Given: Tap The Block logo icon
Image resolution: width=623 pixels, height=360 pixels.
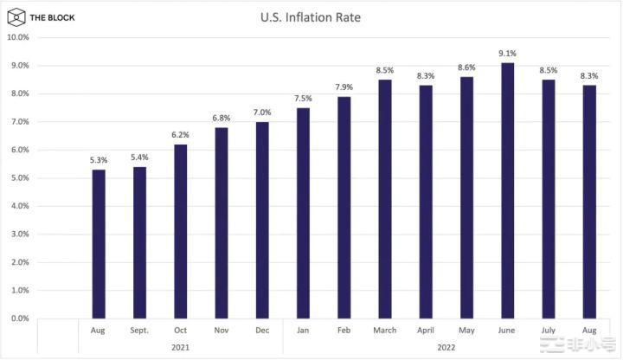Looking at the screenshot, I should tap(16, 16).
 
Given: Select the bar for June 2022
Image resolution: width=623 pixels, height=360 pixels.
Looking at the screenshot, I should tap(507, 190).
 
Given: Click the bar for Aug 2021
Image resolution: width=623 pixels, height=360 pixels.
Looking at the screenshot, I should tap(99, 243).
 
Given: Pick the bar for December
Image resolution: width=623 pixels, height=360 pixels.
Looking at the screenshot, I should tap(262, 220).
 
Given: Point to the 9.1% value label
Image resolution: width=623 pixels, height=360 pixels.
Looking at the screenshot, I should tap(507, 53).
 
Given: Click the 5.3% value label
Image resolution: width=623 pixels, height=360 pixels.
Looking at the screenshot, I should tap(99, 159).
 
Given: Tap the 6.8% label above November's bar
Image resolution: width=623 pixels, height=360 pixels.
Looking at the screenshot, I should tap(222, 118).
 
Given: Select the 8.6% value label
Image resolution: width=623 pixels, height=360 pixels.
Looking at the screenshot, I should tap(466, 67).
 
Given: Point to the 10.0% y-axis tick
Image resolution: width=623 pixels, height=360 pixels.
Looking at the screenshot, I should tap(18, 38).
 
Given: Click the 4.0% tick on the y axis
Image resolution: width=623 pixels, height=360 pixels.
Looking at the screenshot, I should tap(19, 206).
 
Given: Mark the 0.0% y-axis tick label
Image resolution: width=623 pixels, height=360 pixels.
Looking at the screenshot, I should tap(19, 318).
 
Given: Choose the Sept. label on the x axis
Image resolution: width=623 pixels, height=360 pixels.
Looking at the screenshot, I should tap(139, 330).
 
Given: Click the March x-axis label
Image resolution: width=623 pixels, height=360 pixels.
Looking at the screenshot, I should tap(384, 330).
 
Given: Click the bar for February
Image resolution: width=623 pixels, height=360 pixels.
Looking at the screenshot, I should tap(344, 207).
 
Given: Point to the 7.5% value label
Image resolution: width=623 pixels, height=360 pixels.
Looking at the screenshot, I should tap(303, 98).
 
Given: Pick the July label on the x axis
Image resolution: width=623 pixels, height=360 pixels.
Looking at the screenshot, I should tap(548, 330).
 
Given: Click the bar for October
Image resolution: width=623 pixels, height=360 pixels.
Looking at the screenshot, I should tap(180, 231).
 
